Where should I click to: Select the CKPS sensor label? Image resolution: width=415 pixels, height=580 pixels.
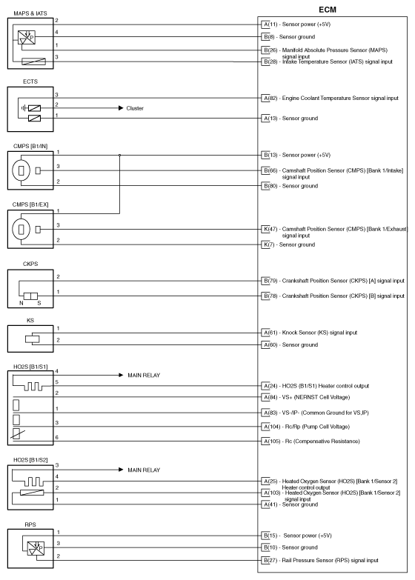[14, 271]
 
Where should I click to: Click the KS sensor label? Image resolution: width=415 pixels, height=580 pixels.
[10, 321]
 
